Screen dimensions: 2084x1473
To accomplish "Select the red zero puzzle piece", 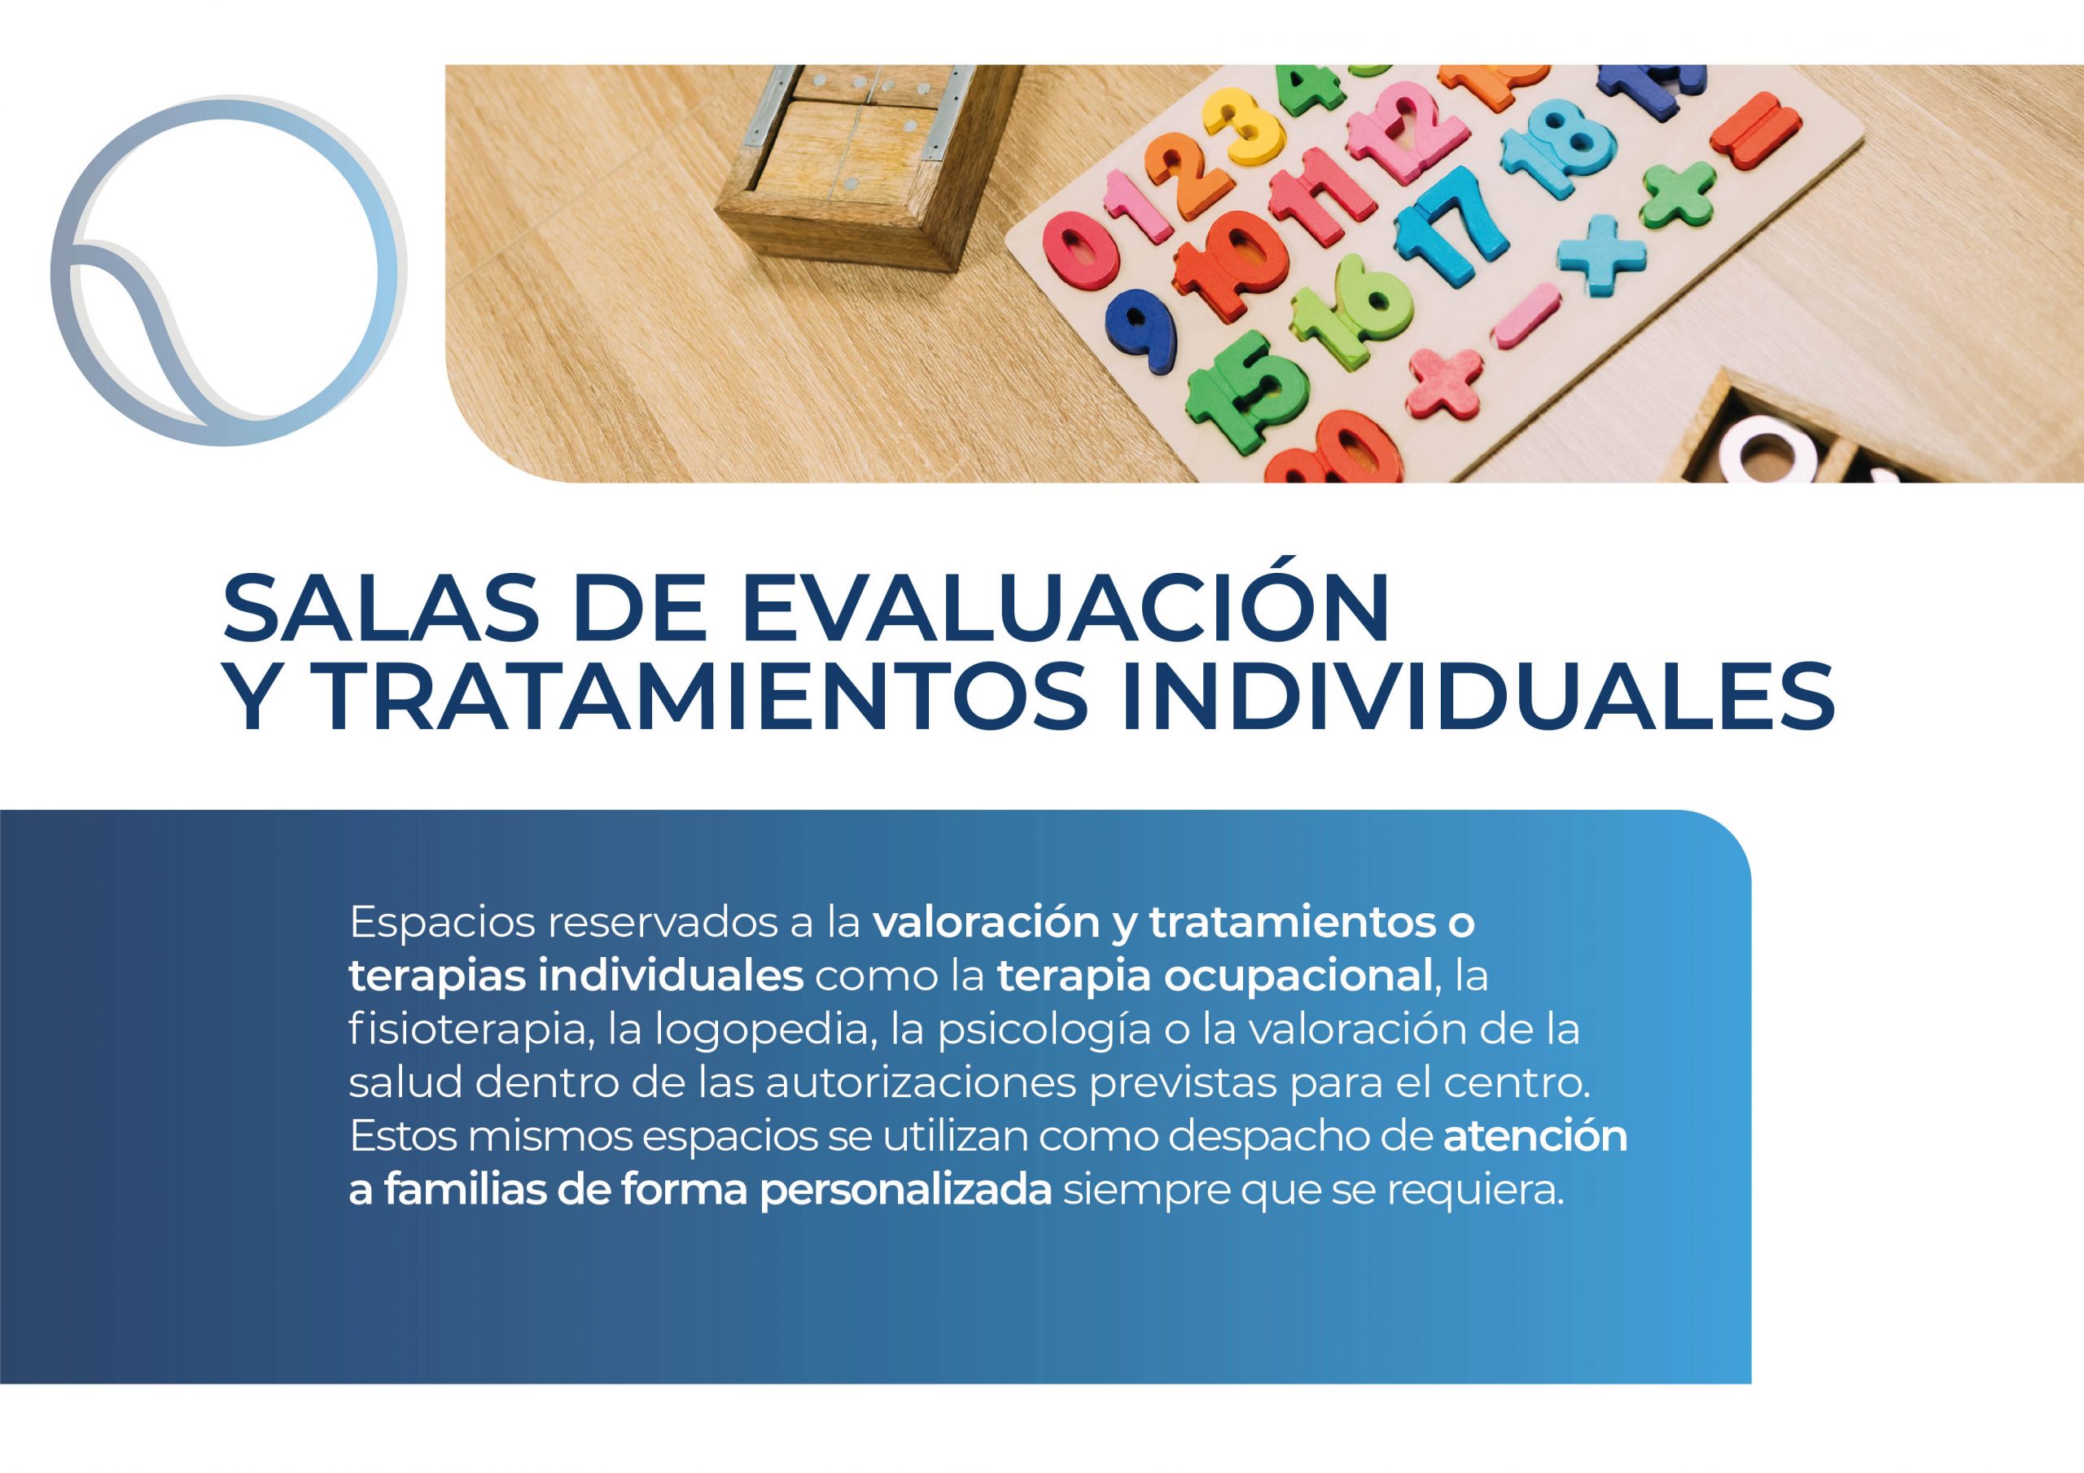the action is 1080,251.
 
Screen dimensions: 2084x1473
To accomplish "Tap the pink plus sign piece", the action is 1443,381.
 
